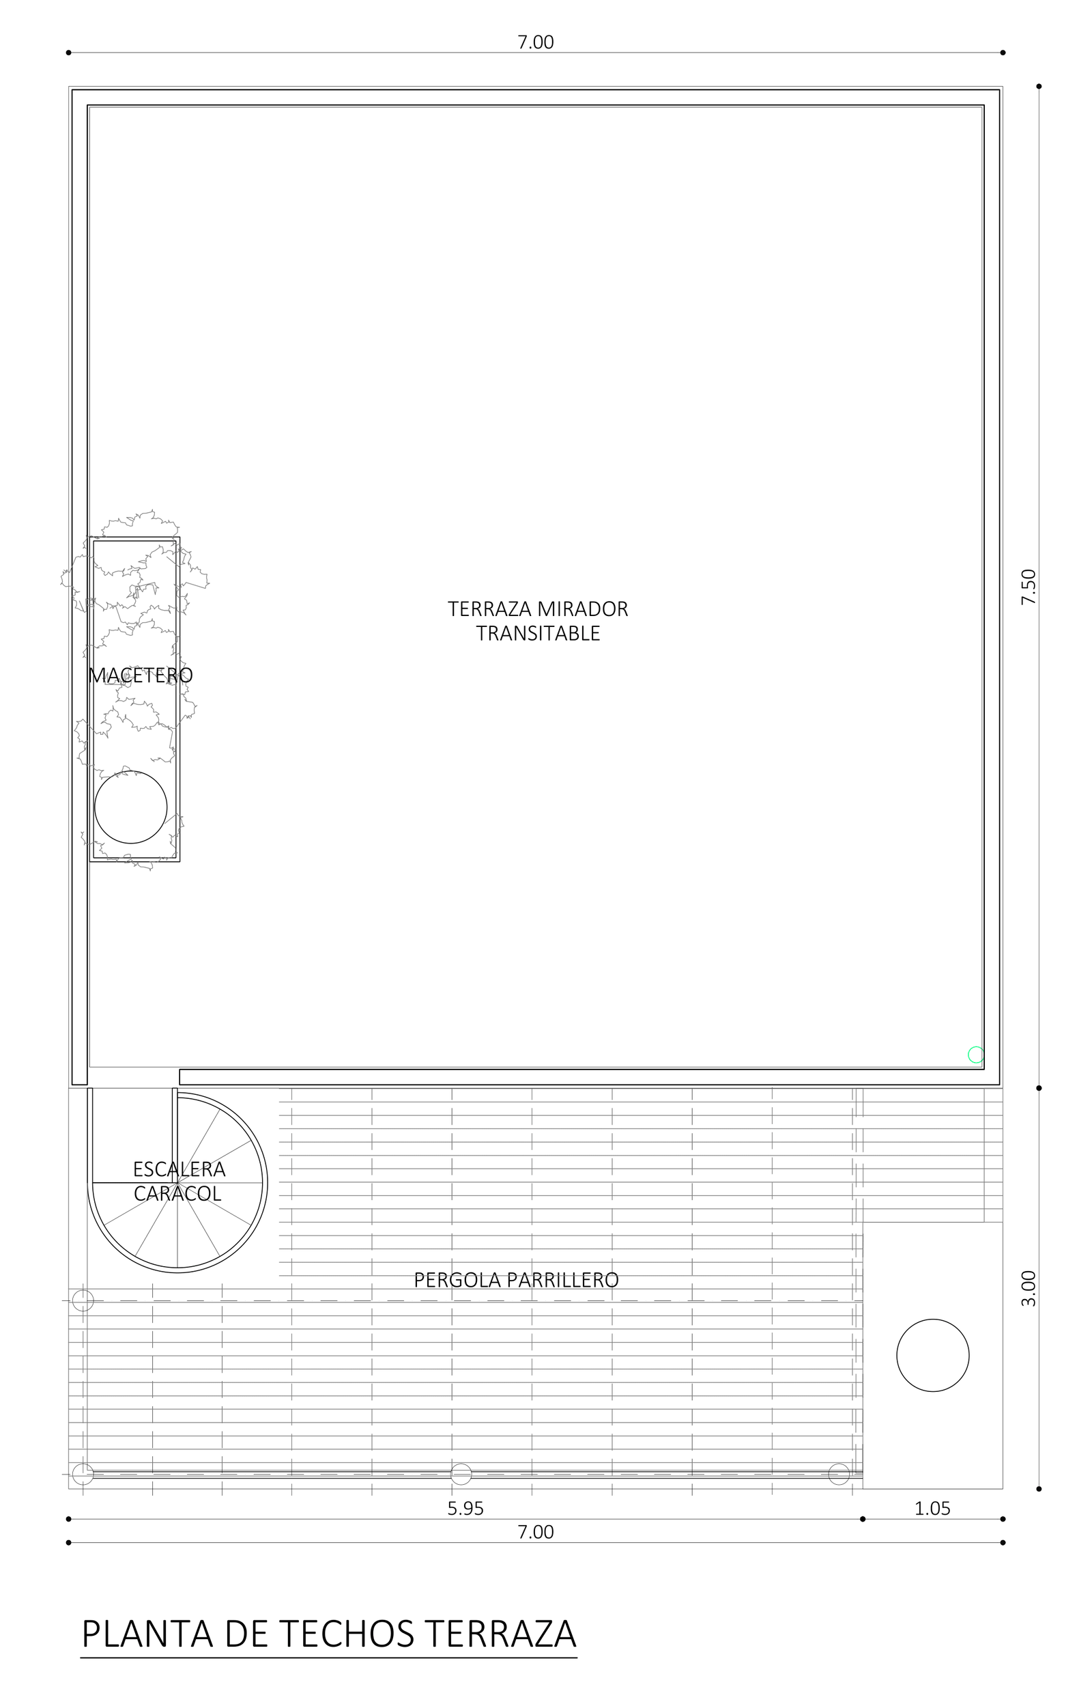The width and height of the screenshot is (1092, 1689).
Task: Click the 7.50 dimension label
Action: coord(1029,587)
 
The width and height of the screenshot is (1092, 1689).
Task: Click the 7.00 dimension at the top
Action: coord(535,42)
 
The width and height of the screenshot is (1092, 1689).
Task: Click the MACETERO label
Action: coord(141,675)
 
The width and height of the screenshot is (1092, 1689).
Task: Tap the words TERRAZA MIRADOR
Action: coord(538,609)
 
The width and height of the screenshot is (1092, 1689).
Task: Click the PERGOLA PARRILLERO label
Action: coord(516,1281)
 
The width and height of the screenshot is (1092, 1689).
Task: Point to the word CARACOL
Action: coord(178,1194)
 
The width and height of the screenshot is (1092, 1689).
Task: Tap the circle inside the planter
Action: coord(131,807)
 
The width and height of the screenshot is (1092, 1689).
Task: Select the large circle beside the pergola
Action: coord(933,1356)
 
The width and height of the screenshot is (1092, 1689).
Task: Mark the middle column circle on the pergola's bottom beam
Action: coord(461,1474)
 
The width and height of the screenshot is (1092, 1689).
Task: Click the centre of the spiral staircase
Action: coord(177,1182)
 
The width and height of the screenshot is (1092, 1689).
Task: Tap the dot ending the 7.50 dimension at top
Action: coord(1039,87)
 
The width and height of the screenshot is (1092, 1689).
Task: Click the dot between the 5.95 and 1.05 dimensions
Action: coord(863,1520)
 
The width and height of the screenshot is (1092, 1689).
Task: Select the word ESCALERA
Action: coord(179,1169)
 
